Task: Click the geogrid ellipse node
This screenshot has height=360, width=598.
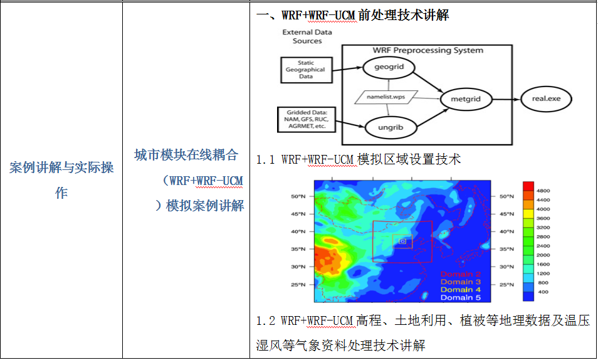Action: [x=389, y=67]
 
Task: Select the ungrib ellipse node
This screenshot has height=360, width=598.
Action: [x=391, y=127]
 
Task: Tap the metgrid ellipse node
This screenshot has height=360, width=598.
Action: [x=466, y=99]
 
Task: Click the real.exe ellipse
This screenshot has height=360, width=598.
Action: [x=546, y=99]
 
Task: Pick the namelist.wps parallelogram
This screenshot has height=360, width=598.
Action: [x=386, y=97]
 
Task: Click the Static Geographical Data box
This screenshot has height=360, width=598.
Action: [x=307, y=70]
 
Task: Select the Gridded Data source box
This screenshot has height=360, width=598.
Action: [x=307, y=120]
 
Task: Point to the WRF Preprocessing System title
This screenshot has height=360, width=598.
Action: [x=428, y=50]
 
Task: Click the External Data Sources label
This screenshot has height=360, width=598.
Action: [x=307, y=36]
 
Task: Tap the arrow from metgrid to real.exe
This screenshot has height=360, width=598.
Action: [x=506, y=99]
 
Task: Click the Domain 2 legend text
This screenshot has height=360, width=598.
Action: [x=461, y=274]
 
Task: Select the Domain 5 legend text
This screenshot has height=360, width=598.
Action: [x=461, y=297]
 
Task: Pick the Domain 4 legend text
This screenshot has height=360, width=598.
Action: [x=461, y=290]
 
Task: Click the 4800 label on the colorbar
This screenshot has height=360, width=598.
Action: [x=543, y=191]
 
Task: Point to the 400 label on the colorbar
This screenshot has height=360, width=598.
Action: [x=543, y=292]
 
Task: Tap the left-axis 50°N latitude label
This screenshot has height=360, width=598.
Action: [x=298, y=196]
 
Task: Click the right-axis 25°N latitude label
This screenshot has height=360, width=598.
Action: [x=507, y=285]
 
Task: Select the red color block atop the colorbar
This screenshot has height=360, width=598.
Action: [x=528, y=186]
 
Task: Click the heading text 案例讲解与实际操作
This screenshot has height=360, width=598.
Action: [x=61, y=179]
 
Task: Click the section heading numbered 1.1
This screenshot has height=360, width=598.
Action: [x=359, y=159]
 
